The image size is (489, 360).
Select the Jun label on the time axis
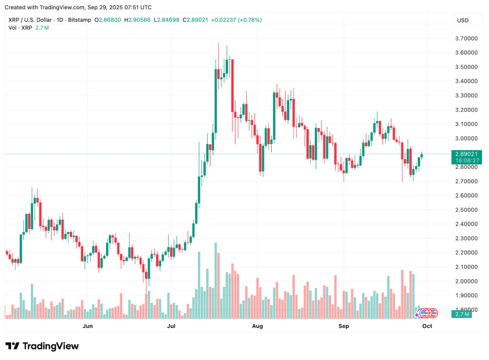(x=87, y=326)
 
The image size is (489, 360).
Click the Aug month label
(x=257, y=326)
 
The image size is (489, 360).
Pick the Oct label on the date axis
(x=427, y=326)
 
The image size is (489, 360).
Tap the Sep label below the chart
(x=343, y=326)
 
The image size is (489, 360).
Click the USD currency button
(x=463, y=21)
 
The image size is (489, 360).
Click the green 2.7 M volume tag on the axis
(x=463, y=314)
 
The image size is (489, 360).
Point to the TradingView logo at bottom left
(x=42, y=346)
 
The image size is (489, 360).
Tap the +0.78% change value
(x=250, y=20)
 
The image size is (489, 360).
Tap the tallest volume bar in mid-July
(x=216, y=280)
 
